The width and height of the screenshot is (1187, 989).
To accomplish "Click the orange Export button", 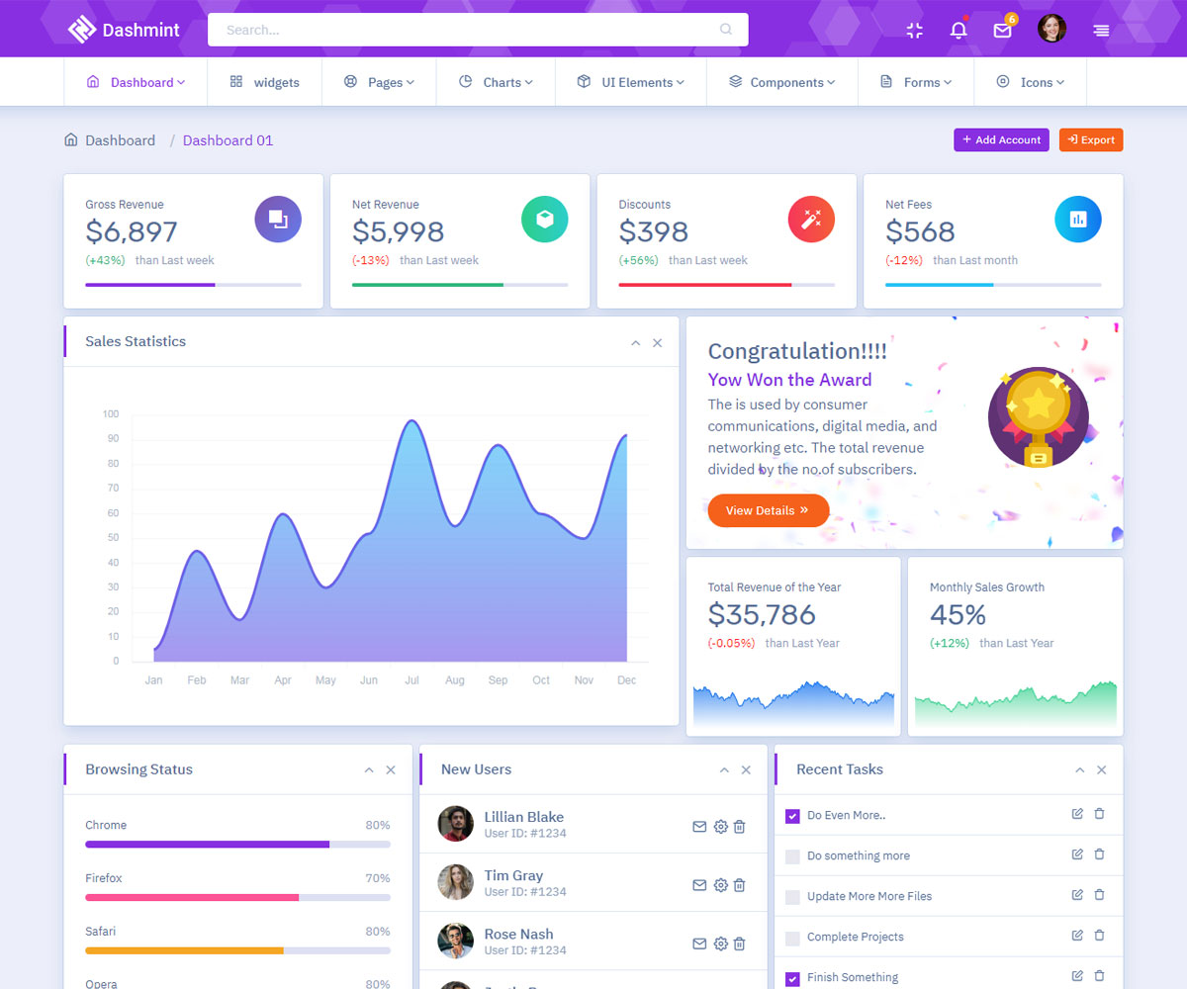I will tap(1090, 140).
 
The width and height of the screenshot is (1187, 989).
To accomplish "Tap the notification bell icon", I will tap(958, 30).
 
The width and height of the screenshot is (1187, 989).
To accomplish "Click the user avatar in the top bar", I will tap(1051, 29).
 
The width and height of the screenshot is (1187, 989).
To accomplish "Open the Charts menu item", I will tap(496, 82).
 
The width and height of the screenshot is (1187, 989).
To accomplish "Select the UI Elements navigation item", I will tap(631, 82).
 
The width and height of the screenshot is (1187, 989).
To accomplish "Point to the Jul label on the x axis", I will tap(411, 680).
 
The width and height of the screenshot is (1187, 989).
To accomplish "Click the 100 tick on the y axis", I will tap(111, 414).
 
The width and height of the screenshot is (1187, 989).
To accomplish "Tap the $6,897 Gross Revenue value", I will tap(132, 231).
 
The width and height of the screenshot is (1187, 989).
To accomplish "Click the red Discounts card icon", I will tap(811, 220).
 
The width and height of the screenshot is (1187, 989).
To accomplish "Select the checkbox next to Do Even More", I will tap(792, 816).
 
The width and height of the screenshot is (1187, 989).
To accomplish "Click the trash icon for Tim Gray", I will tap(739, 885).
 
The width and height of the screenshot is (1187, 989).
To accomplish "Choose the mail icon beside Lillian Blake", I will tap(699, 827).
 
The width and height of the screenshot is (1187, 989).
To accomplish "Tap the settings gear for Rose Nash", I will tap(720, 944).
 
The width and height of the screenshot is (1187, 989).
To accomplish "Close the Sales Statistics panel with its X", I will tap(658, 343).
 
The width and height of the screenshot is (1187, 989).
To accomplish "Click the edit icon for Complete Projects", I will tap(1077, 935).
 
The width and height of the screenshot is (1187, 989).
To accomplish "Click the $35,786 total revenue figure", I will tap(762, 615).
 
